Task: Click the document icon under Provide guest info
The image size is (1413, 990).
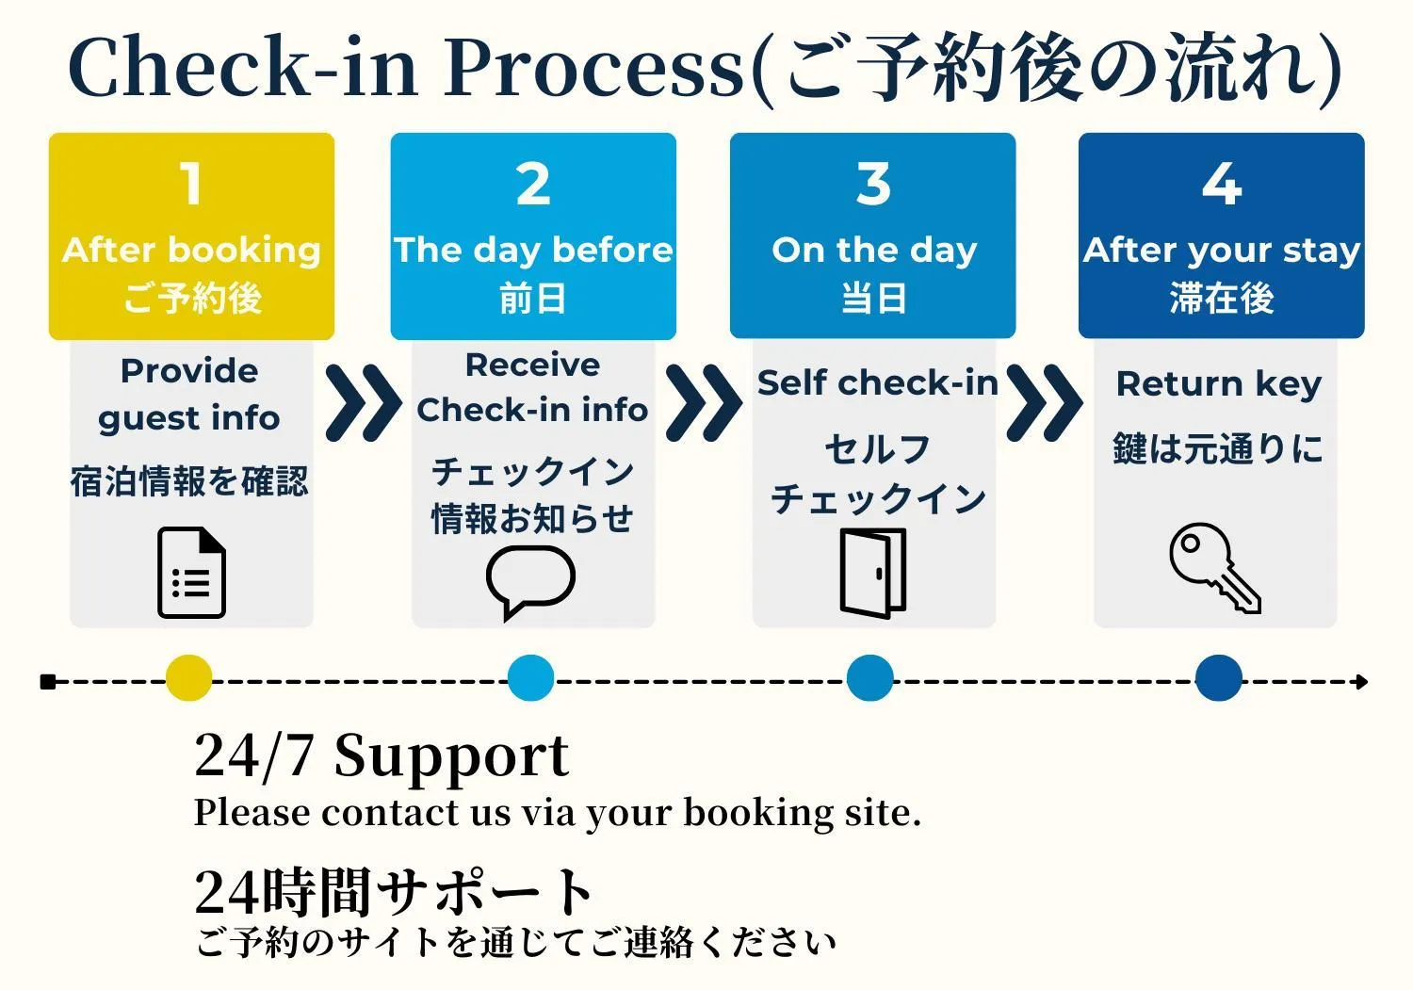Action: click(191, 573)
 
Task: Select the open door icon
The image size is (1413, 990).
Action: click(873, 573)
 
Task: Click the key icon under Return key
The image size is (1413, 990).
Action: click(1214, 568)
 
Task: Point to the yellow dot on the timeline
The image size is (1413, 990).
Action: click(188, 678)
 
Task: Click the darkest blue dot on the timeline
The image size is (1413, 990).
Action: click(1218, 678)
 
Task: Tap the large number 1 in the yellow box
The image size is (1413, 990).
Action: click(191, 183)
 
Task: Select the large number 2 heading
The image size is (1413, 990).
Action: click(533, 183)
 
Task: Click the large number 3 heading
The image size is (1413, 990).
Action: click(873, 183)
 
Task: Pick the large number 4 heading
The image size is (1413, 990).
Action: click(1221, 183)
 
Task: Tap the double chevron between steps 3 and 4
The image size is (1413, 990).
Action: click(1044, 403)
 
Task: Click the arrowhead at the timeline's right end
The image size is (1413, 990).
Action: click(1361, 681)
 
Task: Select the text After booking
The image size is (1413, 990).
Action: click(191, 250)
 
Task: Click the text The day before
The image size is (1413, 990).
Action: click(533, 250)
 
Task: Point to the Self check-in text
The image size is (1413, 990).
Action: click(877, 382)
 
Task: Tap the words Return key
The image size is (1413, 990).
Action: click(1218, 383)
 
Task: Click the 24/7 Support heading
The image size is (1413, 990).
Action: click(382, 756)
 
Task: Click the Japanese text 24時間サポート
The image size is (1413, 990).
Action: click(393, 891)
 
